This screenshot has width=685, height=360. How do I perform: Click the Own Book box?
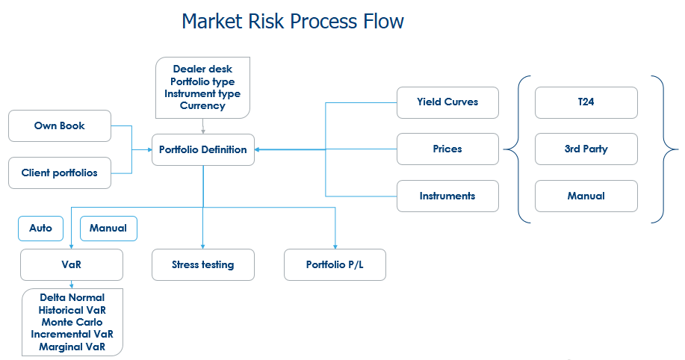[60, 125]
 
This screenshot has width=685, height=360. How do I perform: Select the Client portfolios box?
[60, 173]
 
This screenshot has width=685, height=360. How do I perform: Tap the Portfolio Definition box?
[203, 150]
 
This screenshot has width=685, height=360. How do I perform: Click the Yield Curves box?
[447, 102]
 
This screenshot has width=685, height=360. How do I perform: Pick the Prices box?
[447, 149]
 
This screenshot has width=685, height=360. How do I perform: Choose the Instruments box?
[447, 196]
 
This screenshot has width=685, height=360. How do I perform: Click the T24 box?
[586, 102]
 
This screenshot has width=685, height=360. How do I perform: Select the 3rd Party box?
[586, 149]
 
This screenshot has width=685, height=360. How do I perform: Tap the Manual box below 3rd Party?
[586, 196]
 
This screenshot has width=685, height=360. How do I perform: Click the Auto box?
[40, 229]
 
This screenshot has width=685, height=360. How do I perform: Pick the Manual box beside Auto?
[108, 229]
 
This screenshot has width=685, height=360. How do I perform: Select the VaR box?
[72, 264]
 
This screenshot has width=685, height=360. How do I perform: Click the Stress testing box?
[203, 264]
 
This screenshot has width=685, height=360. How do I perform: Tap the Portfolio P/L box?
[335, 264]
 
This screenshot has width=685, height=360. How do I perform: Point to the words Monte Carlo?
[72, 323]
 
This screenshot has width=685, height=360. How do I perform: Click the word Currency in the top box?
[202, 106]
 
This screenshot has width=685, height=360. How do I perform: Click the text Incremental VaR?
[72, 334]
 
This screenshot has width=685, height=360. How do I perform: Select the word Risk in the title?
[266, 21]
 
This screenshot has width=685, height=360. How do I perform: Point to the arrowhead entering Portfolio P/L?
[335, 246]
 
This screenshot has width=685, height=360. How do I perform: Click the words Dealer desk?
[202, 69]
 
